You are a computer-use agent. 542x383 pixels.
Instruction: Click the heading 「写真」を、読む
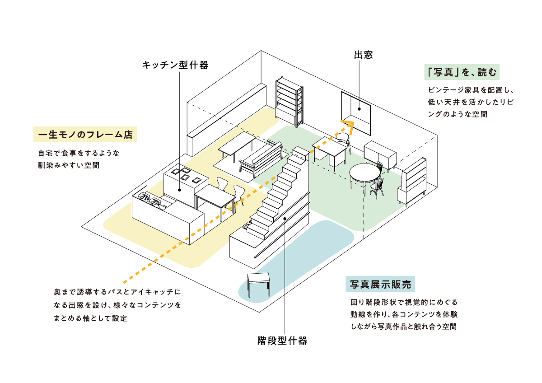click(462, 72)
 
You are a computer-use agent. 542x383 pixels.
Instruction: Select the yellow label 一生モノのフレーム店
click(85, 135)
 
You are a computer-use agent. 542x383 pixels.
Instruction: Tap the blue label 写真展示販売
click(380, 284)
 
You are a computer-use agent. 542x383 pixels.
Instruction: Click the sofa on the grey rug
click(262, 159)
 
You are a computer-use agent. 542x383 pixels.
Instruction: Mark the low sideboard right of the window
click(380, 153)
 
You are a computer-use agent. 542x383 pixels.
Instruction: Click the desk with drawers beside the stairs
click(329, 151)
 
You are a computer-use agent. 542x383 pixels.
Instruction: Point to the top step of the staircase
click(300, 150)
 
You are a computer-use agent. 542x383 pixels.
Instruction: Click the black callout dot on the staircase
click(285, 219)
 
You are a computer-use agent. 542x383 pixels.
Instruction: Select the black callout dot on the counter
click(179, 190)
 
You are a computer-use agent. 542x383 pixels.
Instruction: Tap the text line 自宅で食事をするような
click(79, 153)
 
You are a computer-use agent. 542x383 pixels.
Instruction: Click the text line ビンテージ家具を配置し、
click(471, 90)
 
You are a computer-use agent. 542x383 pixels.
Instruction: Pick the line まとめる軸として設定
click(90, 318)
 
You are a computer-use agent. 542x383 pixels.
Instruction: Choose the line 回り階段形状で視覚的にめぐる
click(404, 302)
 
